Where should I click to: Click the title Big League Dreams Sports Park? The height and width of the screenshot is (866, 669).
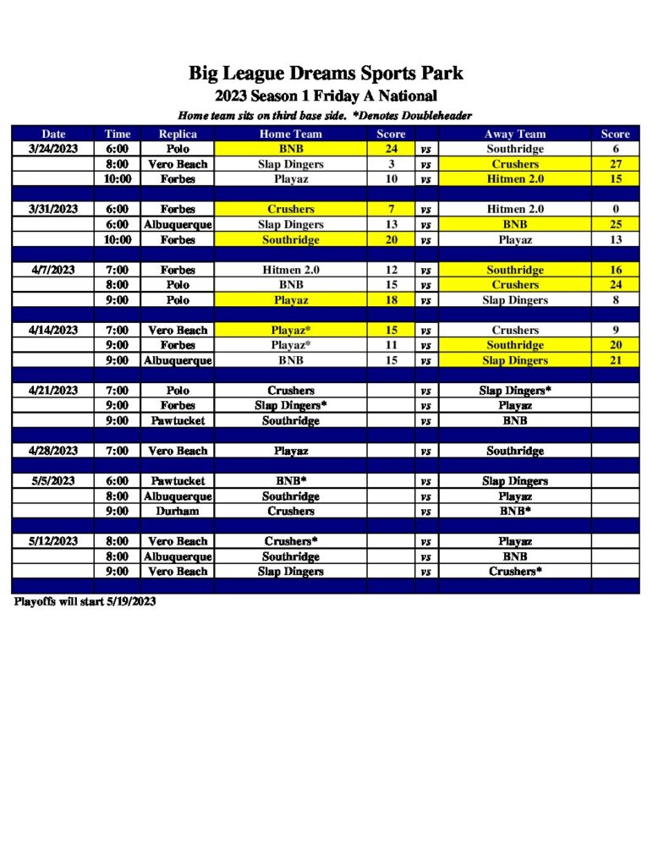[326, 74]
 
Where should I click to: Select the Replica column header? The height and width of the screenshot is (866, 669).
[178, 134]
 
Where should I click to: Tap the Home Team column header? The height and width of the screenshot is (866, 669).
[290, 134]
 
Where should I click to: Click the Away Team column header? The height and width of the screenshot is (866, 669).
[514, 134]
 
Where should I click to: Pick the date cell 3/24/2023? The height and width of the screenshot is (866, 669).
[52, 149]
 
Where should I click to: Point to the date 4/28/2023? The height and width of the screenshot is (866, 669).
[52, 451]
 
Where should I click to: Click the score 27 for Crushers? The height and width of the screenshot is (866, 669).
[615, 164]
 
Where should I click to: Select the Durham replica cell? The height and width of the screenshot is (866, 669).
[178, 512]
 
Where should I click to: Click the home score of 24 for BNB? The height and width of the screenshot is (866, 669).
[391, 149]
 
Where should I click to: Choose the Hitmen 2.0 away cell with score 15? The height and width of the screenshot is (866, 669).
[514, 179]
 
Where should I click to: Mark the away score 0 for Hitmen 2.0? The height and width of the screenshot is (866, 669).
[615, 209]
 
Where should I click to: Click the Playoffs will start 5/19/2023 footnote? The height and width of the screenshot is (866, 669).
[85, 602]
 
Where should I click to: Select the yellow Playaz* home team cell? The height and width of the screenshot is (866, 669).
[290, 330]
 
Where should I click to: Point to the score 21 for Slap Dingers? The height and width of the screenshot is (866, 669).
[615, 360]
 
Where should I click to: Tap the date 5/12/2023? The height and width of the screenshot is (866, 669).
[52, 541]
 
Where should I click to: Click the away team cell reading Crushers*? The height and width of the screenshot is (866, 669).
[514, 572]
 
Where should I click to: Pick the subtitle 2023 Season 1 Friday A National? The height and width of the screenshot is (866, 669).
[326, 96]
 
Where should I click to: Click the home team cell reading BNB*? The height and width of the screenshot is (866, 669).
[290, 481]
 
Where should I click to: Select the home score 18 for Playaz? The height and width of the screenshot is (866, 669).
[391, 300]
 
